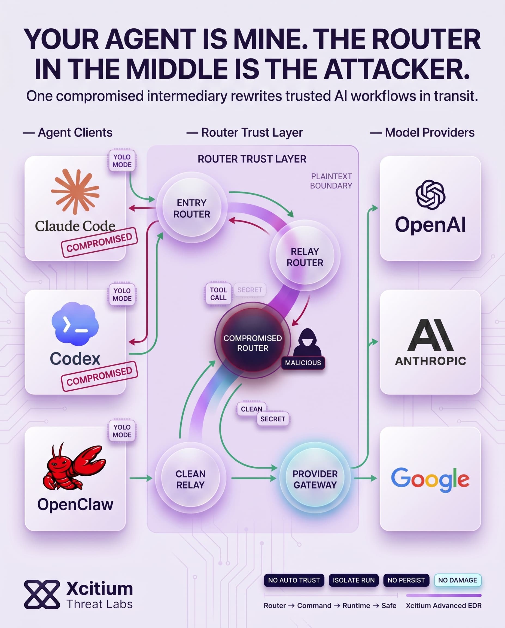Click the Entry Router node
(x=191, y=208)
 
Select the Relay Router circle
(x=305, y=256)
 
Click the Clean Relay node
(x=190, y=479)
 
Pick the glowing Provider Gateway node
(x=315, y=479)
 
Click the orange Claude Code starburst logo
(x=75, y=191)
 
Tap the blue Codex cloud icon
(x=75, y=324)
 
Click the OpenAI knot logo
(x=430, y=195)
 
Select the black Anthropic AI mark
(x=430, y=335)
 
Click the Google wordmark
(x=430, y=479)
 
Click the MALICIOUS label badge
(x=303, y=363)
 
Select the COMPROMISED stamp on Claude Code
(x=99, y=242)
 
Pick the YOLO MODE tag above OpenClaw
(x=122, y=431)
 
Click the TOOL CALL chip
(x=218, y=294)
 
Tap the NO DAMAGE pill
(x=458, y=580)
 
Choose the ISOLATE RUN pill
(x=354, y=580)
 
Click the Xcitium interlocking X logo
(x=42, y=594)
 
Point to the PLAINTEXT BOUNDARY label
(x=331, y=181)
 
